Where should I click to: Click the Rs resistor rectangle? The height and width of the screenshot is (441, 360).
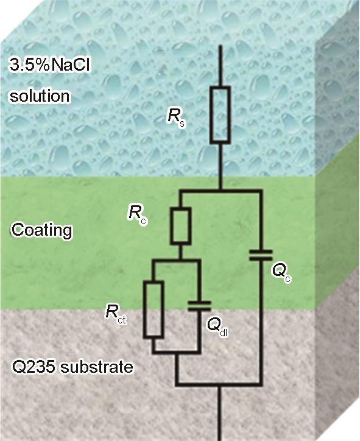click(221, 115)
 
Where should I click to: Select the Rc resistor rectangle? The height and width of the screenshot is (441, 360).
click(181, 225)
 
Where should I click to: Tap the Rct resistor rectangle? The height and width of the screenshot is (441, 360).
click(154, 309)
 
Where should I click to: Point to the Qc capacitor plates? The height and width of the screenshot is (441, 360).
click(261, 255)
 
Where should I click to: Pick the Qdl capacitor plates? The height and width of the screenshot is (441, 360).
click(199, 306)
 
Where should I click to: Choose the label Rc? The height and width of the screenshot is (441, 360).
click(137, 215)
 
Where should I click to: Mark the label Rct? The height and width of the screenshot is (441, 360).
click(115, 314)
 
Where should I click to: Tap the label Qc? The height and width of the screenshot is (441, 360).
click(281, 273)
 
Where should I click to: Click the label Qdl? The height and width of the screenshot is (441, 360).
click(217, 327)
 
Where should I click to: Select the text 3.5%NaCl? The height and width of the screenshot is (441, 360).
click(50, 65)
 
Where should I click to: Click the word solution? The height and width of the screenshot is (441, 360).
click(40, 96)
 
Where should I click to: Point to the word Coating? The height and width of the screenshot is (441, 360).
click(41, 230)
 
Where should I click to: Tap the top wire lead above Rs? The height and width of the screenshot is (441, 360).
click(221, 66)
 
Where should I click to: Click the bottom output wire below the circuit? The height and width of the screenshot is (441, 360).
click(221, 413)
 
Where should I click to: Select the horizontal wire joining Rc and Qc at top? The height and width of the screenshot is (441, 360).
click(221, 191)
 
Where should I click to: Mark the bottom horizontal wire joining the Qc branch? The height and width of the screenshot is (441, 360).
click(219, 384)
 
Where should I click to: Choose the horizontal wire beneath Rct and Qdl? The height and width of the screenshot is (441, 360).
click(176, 352)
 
